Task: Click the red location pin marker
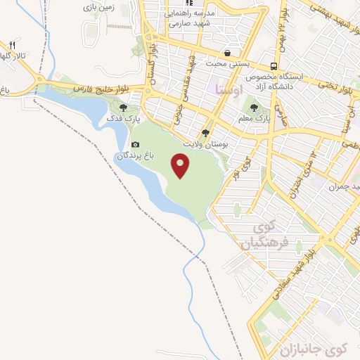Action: pyautogui.click(x=181, y=166)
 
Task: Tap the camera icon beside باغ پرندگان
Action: pyautogui.click(x=135, y=144)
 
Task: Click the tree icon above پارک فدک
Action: pyautogui.click(x=124, y=108)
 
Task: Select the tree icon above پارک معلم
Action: pyautogui.click(x=254, y=108)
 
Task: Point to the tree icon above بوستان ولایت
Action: pyautogui.click(x=205, y=132)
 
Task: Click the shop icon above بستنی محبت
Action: pyautogui.click(x=227, y=53)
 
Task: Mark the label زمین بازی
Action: pyautogui.click(x=98, y=7)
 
